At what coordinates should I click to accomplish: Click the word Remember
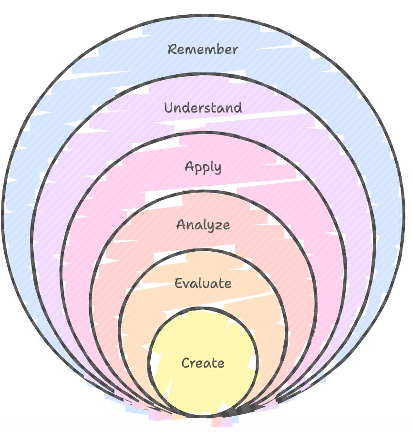coord(203,49)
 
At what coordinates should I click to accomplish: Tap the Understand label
coord(203,108)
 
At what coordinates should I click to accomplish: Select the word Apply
coord(203,167)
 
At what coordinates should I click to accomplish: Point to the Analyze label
coord(203,225)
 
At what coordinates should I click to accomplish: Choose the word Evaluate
coord(203,283)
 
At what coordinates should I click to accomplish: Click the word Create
coord(203,363)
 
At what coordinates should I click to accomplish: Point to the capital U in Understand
coord(168,108)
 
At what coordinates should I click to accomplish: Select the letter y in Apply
coord(217,169)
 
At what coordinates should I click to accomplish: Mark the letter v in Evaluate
coord(186,284)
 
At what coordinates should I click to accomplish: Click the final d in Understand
coord(237,107)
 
